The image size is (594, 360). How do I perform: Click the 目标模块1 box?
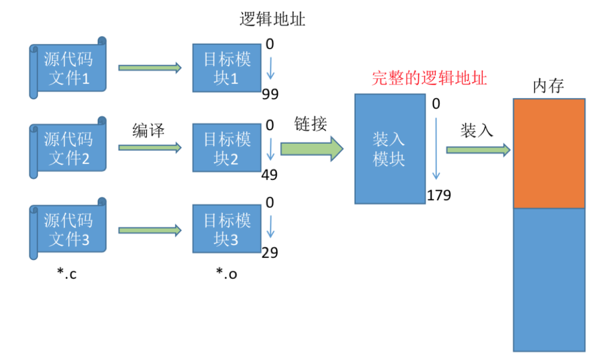[x=226, y=68]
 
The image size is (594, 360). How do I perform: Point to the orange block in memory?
[x=549, y=153]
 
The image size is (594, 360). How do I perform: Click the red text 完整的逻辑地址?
[x=429, y=79]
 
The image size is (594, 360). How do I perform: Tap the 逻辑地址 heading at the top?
[x=272, y=20]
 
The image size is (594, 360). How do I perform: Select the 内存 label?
[x=549, y=86]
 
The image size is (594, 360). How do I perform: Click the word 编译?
[x=148, y=130]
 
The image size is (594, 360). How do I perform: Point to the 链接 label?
[x=310, y=124]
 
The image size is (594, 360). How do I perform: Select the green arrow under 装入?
[x=478, y=150]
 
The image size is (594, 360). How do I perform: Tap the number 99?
[x=270, y=95]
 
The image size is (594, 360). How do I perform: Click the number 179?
[x=439, y=195]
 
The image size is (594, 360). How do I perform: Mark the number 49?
[x=270, y=175]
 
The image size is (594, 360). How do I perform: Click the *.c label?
[x=67, y=273]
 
